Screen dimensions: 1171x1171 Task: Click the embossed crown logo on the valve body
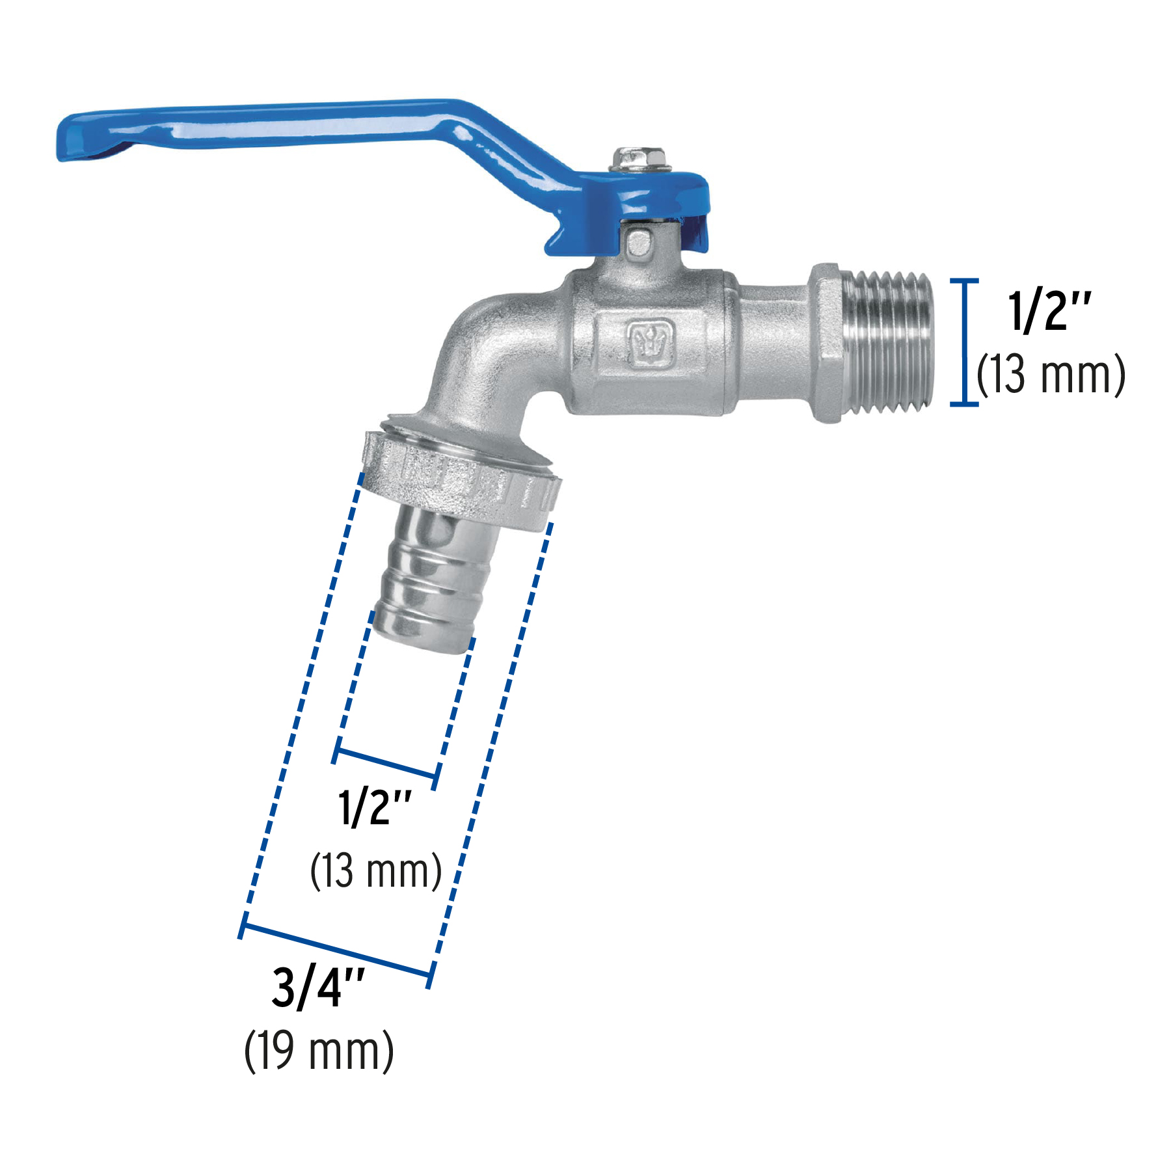pyautogui.click(x=650, y=343)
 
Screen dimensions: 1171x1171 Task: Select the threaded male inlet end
pyautogui.click(x=888, y=343)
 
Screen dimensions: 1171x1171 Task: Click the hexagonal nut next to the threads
pyautogui.click(x=827, y=343)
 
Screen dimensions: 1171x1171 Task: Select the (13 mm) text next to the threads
pyautogui.click(x=1051, y=375)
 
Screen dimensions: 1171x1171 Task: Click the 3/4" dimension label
pyautogui.click(x=317, y=987)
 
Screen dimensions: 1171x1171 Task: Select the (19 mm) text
pyautogui.click(x=319, y=1052)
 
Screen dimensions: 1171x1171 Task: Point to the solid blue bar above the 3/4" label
pyautogui.click(x=336, y=951)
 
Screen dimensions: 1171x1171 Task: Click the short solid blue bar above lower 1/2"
pyautogui.click(x=386, y=764)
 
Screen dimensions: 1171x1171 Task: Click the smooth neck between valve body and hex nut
pyautogui.click(x=774, y=343)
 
